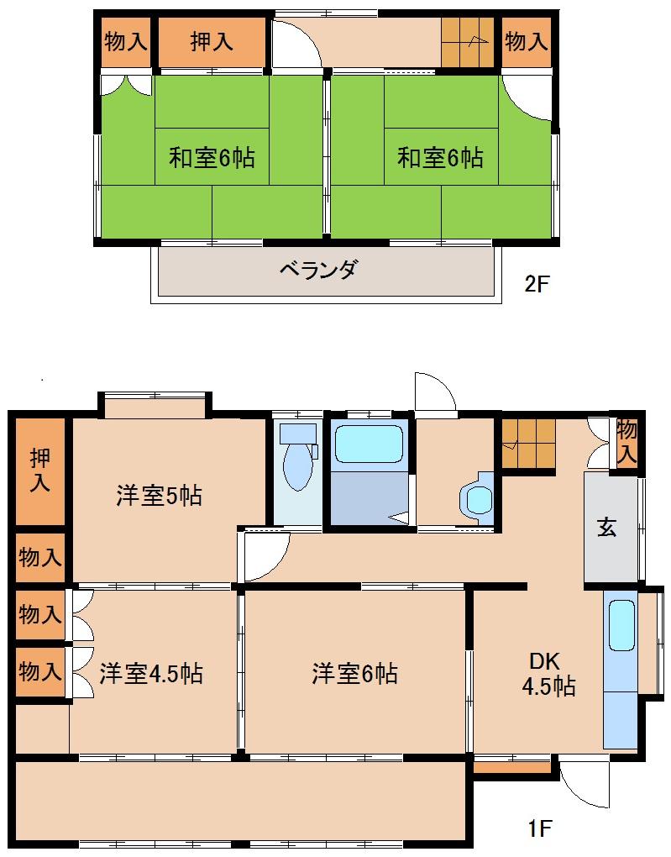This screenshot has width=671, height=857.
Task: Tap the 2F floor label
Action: [x=536, y=283]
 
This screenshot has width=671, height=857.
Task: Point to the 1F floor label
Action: [x=539, y=829]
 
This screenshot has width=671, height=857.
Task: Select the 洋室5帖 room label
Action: [x=159, y=496]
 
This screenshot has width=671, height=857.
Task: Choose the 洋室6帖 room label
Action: [x=354, y=673]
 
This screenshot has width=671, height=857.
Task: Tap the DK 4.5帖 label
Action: [x=548, y=672]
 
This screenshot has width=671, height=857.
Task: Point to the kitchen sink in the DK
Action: [x=621, y=625]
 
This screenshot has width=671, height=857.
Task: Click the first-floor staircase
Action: [x=528, y=442]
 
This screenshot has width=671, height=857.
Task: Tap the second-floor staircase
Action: [x=469, y=41]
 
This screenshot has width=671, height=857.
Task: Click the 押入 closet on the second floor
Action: [x=211, y=41]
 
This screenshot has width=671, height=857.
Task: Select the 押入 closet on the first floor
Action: [x=39, y=471]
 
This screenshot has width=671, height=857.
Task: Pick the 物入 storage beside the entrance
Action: [x=626, y=440]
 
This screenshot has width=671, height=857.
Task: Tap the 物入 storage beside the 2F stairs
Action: [x=527, y=41]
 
